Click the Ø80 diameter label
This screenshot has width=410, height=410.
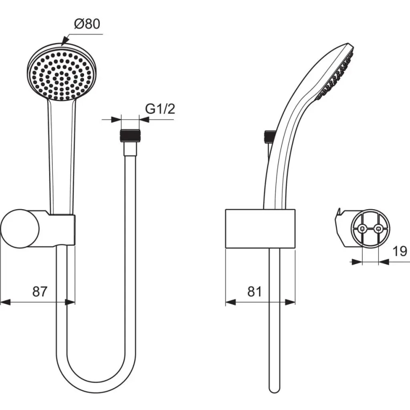[87, 24]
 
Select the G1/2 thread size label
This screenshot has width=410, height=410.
[160, 109]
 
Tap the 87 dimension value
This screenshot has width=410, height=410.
[40, 291]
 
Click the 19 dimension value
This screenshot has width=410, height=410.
[400, 251]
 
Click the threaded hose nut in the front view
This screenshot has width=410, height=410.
[130, 136]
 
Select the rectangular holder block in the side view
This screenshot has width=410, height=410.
[260, 228]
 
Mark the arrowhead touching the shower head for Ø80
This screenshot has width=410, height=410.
[63, 42]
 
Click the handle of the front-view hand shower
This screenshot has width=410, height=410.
[62, 151]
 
